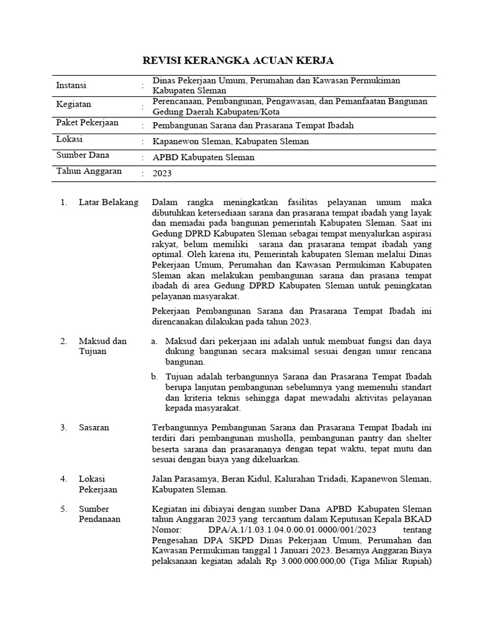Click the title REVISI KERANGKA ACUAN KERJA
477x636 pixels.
click(x=238, y=60)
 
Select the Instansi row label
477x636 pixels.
click(x=71, y=85)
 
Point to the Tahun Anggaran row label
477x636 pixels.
click(x=89, y=171)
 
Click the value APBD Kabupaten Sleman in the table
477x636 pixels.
click(x=204, y=158)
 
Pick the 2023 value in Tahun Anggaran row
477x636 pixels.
click(x=162, y=174)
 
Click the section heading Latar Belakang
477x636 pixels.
click(x=108, y=203)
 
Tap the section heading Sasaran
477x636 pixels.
click(x=94, y=428)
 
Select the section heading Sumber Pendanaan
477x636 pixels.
click(x=99, y=514)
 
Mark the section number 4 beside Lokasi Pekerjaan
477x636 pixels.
click(x=63, y=479)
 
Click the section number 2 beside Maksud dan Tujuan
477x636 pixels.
click(x=63, y=341)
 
